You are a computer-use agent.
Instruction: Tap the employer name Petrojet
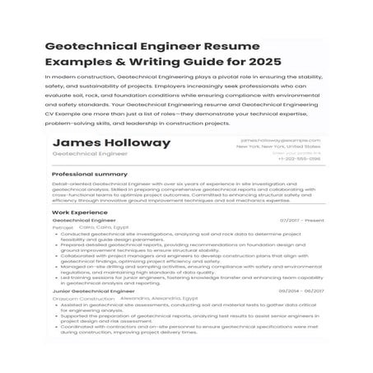63,227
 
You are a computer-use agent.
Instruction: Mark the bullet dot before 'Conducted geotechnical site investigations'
55,234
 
